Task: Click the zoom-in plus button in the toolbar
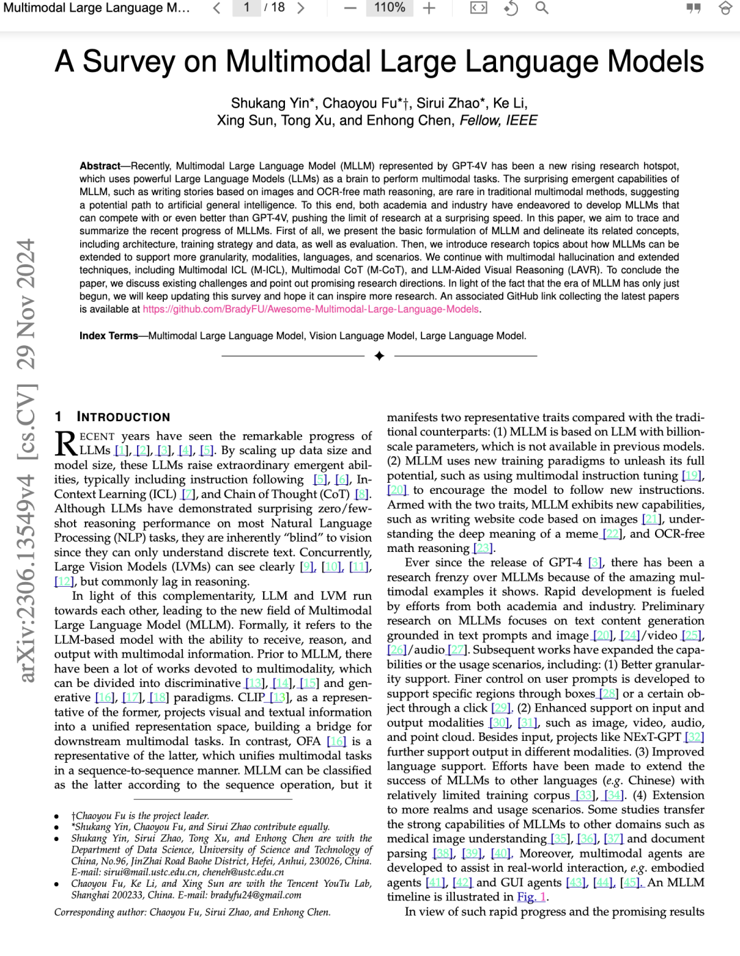(x=429, y=8)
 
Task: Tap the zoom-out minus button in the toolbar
(x=350, y=8)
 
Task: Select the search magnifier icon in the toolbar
(x=541, y=8)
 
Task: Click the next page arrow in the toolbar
(x=300, y=8)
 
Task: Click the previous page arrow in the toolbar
(x=217, y=8)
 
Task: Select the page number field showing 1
(x=247, y=8)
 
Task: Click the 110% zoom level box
(x=389, y=8)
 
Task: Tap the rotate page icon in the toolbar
(x=510, y=8)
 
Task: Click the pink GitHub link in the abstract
(x=310, y=310)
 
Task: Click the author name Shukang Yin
(x=270, y=103)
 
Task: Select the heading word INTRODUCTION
(x=123, y=417)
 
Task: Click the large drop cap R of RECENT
(x=66, y=443)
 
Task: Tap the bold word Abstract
(x=100, y=166)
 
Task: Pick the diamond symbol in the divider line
(x=380, y=355)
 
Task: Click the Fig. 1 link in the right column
(x=532, y=897)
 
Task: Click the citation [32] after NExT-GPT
(x=694, y=737)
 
